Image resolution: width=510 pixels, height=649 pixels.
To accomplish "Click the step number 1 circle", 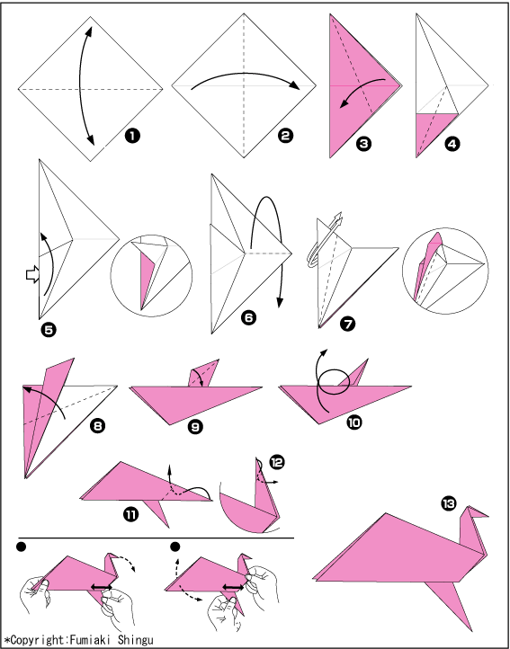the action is point(132,136).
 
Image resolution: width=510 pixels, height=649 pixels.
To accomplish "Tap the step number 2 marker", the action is point(284,136).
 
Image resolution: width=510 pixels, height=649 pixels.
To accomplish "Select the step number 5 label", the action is point(49,330).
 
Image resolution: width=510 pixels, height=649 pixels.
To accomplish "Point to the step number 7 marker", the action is point(347,324).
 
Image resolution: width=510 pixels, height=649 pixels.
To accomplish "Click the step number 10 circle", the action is point(354,422).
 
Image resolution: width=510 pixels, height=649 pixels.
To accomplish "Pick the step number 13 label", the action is point(448,503).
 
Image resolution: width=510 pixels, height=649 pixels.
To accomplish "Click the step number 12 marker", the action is point(276,462).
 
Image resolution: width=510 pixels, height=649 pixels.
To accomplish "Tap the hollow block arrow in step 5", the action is point(32,275).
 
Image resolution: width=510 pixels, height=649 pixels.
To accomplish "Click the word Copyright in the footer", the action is point(38,640).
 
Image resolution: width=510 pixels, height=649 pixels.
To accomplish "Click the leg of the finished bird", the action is point(452,601).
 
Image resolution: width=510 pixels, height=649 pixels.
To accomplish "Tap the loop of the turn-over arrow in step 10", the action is point(334,382).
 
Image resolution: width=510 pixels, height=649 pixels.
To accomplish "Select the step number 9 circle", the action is point(194,427).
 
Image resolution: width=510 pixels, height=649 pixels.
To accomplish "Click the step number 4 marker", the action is point(452,144).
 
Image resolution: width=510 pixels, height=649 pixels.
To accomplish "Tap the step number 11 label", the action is point(130,514).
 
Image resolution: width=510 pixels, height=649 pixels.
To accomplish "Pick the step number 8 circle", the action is point(97,426).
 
